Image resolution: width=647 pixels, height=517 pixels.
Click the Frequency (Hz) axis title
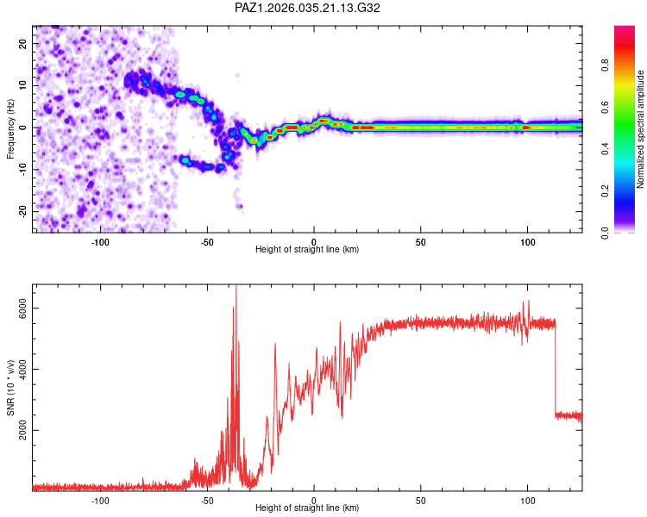click(x=10, y=128)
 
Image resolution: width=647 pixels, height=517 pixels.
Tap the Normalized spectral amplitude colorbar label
click(x=641, y=130)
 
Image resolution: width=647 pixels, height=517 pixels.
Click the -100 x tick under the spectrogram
click(x=100, y=241)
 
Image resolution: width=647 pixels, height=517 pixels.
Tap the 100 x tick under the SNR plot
click(x=527, y=500)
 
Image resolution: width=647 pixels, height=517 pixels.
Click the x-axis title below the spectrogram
click(x=307, y=250)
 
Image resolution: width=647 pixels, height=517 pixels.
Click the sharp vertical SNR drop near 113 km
click(x=556, y=371)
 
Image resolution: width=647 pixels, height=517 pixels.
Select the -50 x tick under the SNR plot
click(x=207, y=500)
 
